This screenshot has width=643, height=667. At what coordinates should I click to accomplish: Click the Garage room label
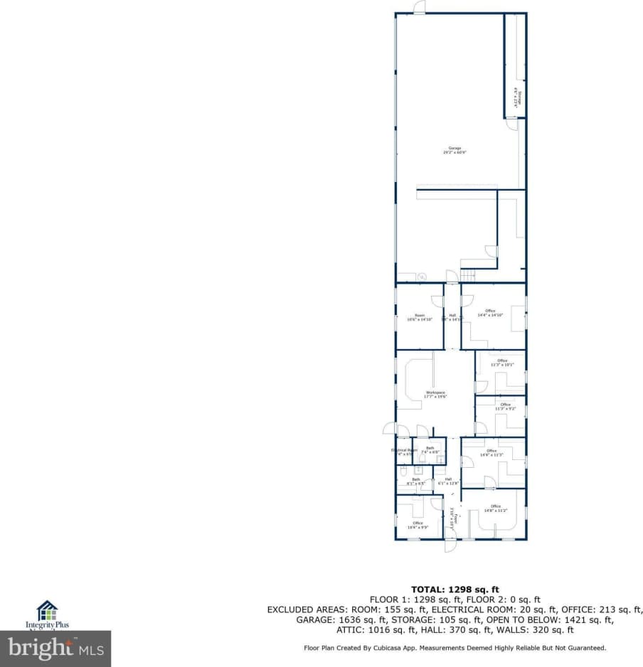click(x=455, y=150)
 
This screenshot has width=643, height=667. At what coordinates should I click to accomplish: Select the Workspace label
click(x=435, y=395)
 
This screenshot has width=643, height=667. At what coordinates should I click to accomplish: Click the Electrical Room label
click(x=404, y=452)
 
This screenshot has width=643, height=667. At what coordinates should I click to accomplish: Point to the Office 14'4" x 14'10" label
click(x=490, y=313)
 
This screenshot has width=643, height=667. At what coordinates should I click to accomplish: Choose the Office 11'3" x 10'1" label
click(x=502, y=363)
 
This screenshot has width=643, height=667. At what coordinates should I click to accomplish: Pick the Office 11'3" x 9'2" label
click(x=505, y=407)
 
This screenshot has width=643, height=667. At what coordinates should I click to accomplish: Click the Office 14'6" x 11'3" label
click(x=491, y=453)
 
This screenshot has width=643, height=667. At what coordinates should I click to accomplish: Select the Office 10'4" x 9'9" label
click(x=418, y=525)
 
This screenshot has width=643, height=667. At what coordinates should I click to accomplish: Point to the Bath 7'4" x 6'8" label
click(x=430, y=449)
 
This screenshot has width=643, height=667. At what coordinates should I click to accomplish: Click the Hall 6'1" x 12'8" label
click(x=448, y=481)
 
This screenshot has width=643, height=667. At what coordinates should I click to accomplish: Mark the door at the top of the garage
click(x=420, y=9)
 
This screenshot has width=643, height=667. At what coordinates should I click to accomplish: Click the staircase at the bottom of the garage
click(x=468, y=274)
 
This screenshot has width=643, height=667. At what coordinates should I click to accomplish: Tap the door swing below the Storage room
click(x=511, y=124)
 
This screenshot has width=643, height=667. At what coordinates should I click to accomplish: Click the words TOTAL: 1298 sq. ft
click(x=455, y=589)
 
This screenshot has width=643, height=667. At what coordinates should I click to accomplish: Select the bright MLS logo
click(x=55, y=649)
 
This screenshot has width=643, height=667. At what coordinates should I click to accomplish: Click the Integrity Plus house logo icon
click(x=47, y=610)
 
